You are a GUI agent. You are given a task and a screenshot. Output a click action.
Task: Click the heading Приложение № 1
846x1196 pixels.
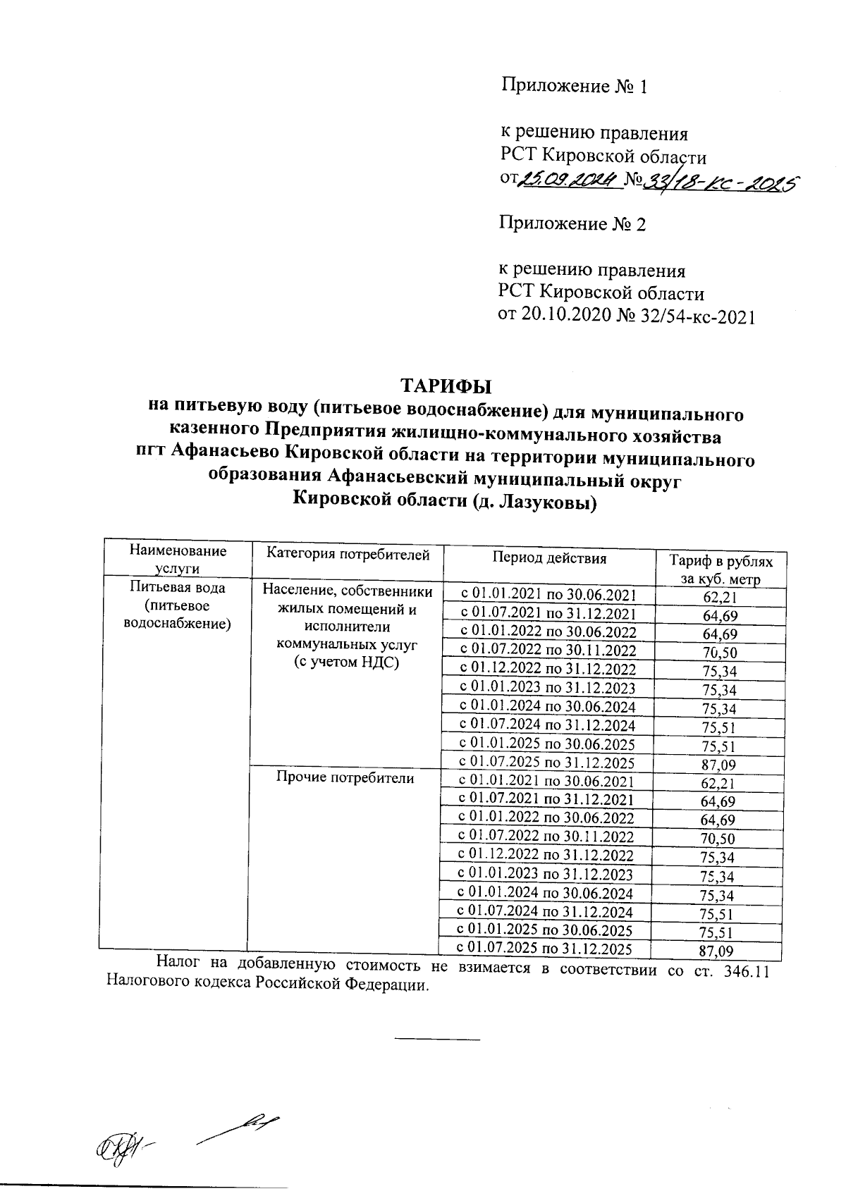point(573,87)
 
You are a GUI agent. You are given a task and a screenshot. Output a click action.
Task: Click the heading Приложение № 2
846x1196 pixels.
point(572,224)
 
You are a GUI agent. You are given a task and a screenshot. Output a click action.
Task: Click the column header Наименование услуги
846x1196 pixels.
point(177,560)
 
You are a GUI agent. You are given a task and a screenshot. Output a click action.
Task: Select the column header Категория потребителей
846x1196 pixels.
point(348,555)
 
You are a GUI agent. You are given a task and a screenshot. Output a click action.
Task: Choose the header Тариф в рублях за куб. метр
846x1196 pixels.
point(721,570)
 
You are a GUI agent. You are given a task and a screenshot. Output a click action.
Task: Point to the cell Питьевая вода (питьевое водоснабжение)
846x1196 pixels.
point(177,605)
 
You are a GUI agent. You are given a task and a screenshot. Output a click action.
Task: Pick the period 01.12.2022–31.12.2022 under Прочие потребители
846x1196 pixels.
point(546,856)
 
